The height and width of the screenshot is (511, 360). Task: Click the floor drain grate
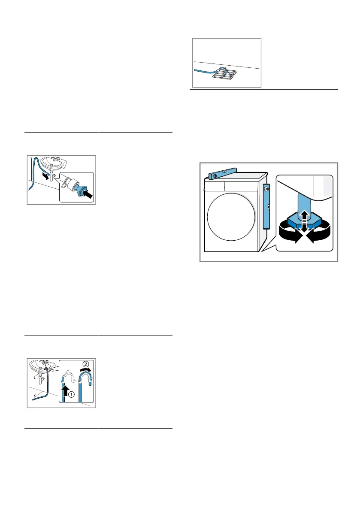pos(225,74)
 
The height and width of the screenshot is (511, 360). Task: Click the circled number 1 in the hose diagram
pos(71,394)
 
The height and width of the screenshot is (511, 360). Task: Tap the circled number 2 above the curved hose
pos(86,364)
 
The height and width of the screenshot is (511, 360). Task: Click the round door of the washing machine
pos(231,217)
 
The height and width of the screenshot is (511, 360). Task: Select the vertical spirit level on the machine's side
pos(266,206)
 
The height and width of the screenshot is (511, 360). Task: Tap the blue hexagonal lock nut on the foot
pos(304,222)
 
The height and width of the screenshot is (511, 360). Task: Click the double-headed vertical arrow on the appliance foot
pos(304,221)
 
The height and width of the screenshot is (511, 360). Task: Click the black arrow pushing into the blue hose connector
pos(87,194)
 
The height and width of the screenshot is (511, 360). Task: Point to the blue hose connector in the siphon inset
pos(79,190)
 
